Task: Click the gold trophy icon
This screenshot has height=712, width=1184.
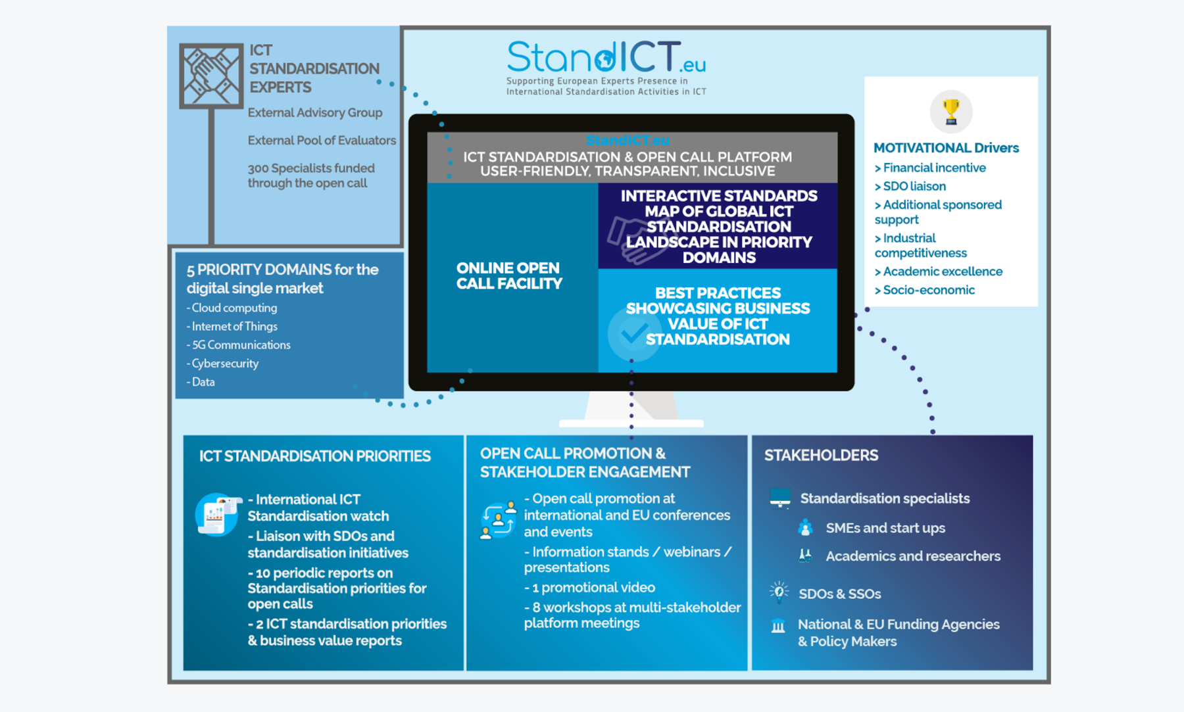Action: click(950, 111)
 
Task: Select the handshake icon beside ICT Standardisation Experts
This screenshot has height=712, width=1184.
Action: click(211, 76)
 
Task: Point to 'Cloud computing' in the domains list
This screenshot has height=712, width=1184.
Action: click(232, 308)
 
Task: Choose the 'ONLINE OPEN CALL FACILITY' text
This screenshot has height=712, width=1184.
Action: click(509, 276)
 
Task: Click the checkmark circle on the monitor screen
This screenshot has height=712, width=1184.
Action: click(634, 333)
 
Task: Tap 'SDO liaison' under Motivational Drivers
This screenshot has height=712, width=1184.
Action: click(910, 186)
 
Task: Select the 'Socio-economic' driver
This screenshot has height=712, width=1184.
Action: click(925, 290)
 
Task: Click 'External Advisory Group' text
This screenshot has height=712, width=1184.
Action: click(315, 112)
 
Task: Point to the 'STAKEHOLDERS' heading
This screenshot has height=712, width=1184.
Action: click(821, 455)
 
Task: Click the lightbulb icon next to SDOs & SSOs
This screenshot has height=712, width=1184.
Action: click(779, 592)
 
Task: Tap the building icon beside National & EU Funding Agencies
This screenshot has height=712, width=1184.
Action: click(778, 626)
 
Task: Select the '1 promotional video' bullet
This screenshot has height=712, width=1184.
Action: click(589, 587)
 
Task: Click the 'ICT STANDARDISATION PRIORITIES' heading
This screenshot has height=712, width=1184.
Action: click(315, 456)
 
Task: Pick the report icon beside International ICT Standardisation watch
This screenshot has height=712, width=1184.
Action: click(218, 515)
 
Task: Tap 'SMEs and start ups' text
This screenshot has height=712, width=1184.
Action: click(885, 528)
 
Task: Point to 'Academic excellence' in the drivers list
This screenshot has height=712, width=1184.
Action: click(939, 272)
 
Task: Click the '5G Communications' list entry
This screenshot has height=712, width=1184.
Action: click(238, 345)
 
